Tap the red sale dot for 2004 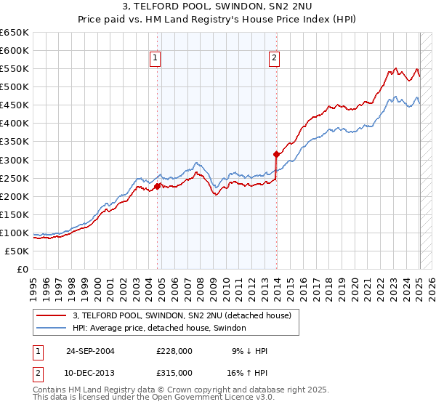click(158, 185)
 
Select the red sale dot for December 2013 click(276, 154)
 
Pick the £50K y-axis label click(17, 251)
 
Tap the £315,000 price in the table click(174, 372)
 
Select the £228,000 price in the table click(174, 351)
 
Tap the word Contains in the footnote click(49, 391)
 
